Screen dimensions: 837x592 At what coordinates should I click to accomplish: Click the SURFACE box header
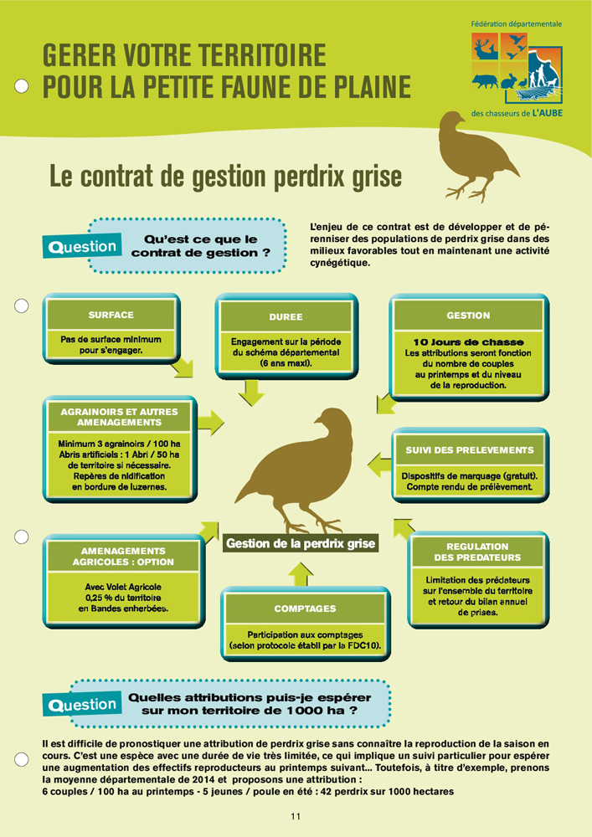tap(111, 316)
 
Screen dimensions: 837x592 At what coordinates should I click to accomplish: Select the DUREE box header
tap(286, 317)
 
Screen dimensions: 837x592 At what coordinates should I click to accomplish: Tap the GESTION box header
tap(468, 316)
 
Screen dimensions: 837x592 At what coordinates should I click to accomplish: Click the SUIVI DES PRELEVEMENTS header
tap(469, 450)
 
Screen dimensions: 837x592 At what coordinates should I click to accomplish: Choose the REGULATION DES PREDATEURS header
tap(477, 552)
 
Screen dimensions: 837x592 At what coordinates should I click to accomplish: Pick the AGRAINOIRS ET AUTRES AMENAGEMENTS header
tap(119, 417)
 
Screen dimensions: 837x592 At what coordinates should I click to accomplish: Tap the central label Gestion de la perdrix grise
tap(301, 544)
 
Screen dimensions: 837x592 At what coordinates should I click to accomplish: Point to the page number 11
tap(296, 816)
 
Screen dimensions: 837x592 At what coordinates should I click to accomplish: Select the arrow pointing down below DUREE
tap(251, 390)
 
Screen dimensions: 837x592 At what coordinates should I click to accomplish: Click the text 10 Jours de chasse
tap(468, 342)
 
